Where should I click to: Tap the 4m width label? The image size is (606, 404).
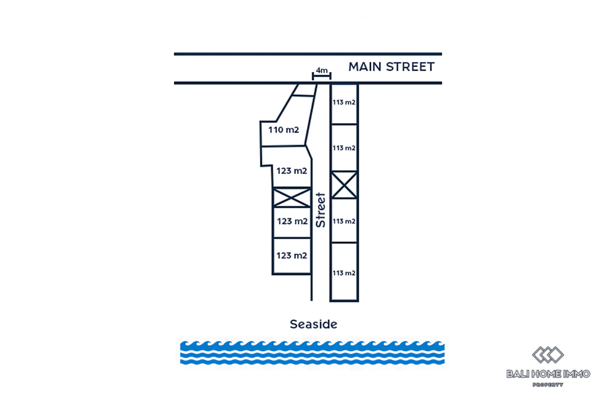click(x=321, y=70)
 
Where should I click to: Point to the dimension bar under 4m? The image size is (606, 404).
click(x=321, y=76)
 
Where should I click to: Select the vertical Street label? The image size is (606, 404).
click(x=321, y=210)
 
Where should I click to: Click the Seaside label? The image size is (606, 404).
click(x=313, y=324)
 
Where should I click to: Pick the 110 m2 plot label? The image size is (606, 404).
click(x=283, y=130)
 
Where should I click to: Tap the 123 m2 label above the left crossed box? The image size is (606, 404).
click(x=292, y=171)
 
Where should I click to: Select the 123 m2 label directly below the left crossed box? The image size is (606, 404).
click(x=292, y=221)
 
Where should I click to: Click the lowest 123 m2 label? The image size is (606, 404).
click(x=292, y=256)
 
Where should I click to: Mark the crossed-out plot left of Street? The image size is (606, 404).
click(x=291, y=197)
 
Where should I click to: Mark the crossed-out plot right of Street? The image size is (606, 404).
click(x=344, y=185)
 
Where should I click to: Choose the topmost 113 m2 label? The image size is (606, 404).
click(x=344, y=102)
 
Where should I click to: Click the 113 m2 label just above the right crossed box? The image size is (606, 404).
click(x=344, y=148)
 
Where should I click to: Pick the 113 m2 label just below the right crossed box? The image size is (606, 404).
click(x=344, y=221)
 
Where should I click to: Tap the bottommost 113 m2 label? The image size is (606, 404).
click(x=344, y=273)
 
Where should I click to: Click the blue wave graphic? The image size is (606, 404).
click(x=312, y=351)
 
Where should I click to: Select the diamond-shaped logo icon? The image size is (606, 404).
click(x=547, y=355)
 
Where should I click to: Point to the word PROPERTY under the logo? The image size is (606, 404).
click(x=547, y=384)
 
